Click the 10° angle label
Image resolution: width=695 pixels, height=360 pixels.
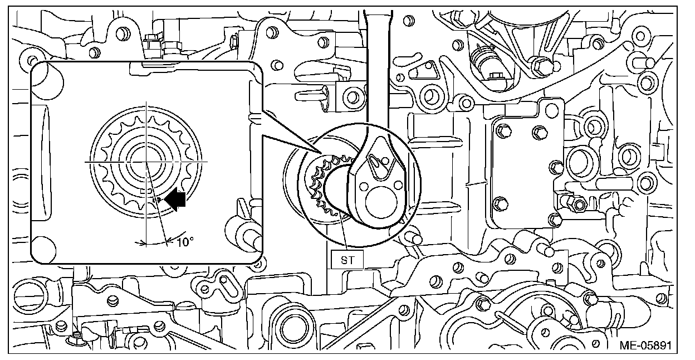point(186,242)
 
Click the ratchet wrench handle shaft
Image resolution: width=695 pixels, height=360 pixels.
point(377,67)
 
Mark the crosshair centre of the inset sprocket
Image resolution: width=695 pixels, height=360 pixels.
point(146,161)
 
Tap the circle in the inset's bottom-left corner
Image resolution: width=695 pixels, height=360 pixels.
point(43,246)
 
